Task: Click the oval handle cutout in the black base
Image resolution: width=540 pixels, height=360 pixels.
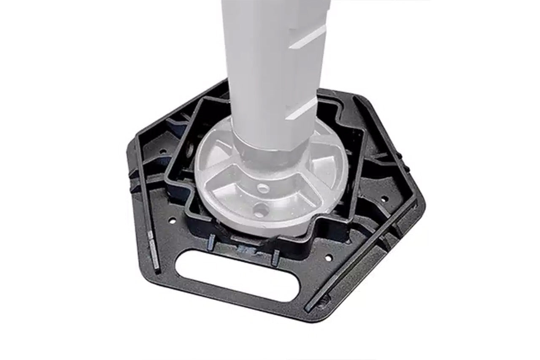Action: [x=238, y=276]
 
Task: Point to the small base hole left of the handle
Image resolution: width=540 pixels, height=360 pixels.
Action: [x=173, y=220]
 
